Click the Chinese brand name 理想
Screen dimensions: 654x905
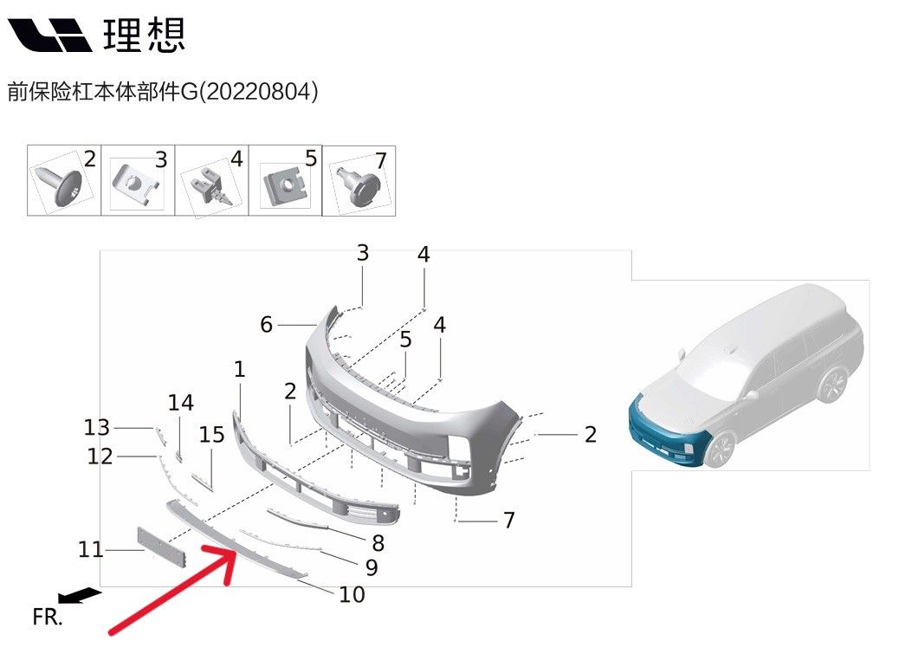(144, 34)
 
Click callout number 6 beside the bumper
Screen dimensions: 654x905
(267, 325)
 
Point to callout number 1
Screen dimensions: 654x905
(239, 370)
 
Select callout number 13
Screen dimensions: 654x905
(97, 427)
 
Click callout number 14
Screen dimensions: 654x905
(181, 403)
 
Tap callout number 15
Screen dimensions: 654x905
(211, 435)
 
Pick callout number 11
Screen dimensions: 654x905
(91, 549)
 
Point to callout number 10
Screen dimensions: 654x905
(352, 595)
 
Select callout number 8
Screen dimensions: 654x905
(378, 544)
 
